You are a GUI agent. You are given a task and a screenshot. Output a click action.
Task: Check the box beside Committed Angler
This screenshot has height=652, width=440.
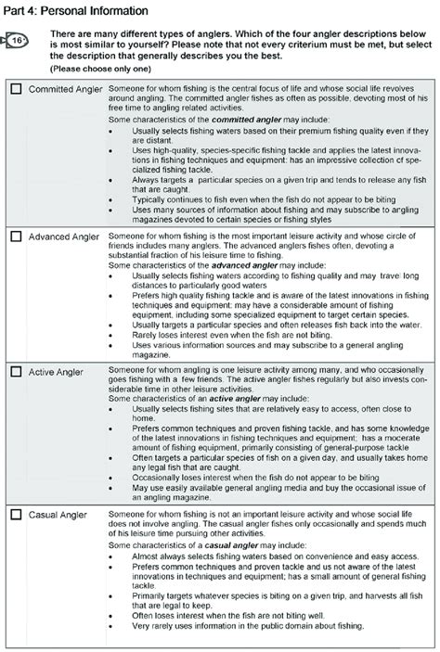pos(16,90)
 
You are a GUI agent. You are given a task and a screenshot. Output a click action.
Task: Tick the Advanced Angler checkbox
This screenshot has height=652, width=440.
pos(16,237)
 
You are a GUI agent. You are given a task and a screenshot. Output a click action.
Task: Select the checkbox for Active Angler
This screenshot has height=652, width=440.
pos(16,372)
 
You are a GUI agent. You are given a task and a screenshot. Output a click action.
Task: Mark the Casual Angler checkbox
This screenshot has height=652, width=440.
pos(16,515)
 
